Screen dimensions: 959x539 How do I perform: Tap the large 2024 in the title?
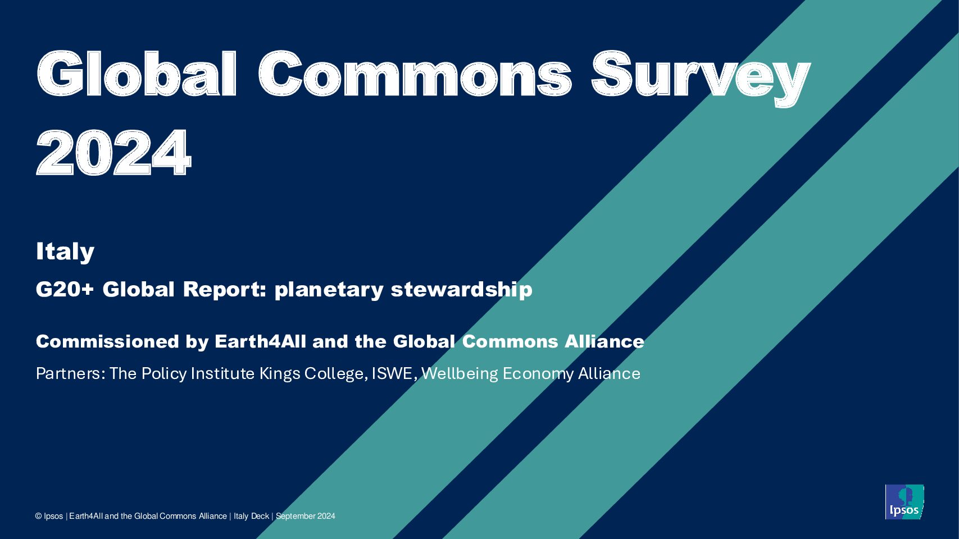[x=113, y=152]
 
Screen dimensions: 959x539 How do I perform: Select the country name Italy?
[x=65, y=252]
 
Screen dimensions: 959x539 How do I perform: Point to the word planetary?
[x=329, y=290]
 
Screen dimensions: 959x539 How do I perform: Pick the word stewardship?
[x=461, y=290]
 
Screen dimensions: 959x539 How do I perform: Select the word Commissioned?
[x=107, y=341]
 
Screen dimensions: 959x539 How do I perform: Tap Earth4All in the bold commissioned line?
[x=260, y=341]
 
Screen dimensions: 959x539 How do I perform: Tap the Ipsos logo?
[x=904, y=502]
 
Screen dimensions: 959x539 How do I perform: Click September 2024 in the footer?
[x=305, y=517]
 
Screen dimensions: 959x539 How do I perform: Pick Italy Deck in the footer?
[x=251, y=517]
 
